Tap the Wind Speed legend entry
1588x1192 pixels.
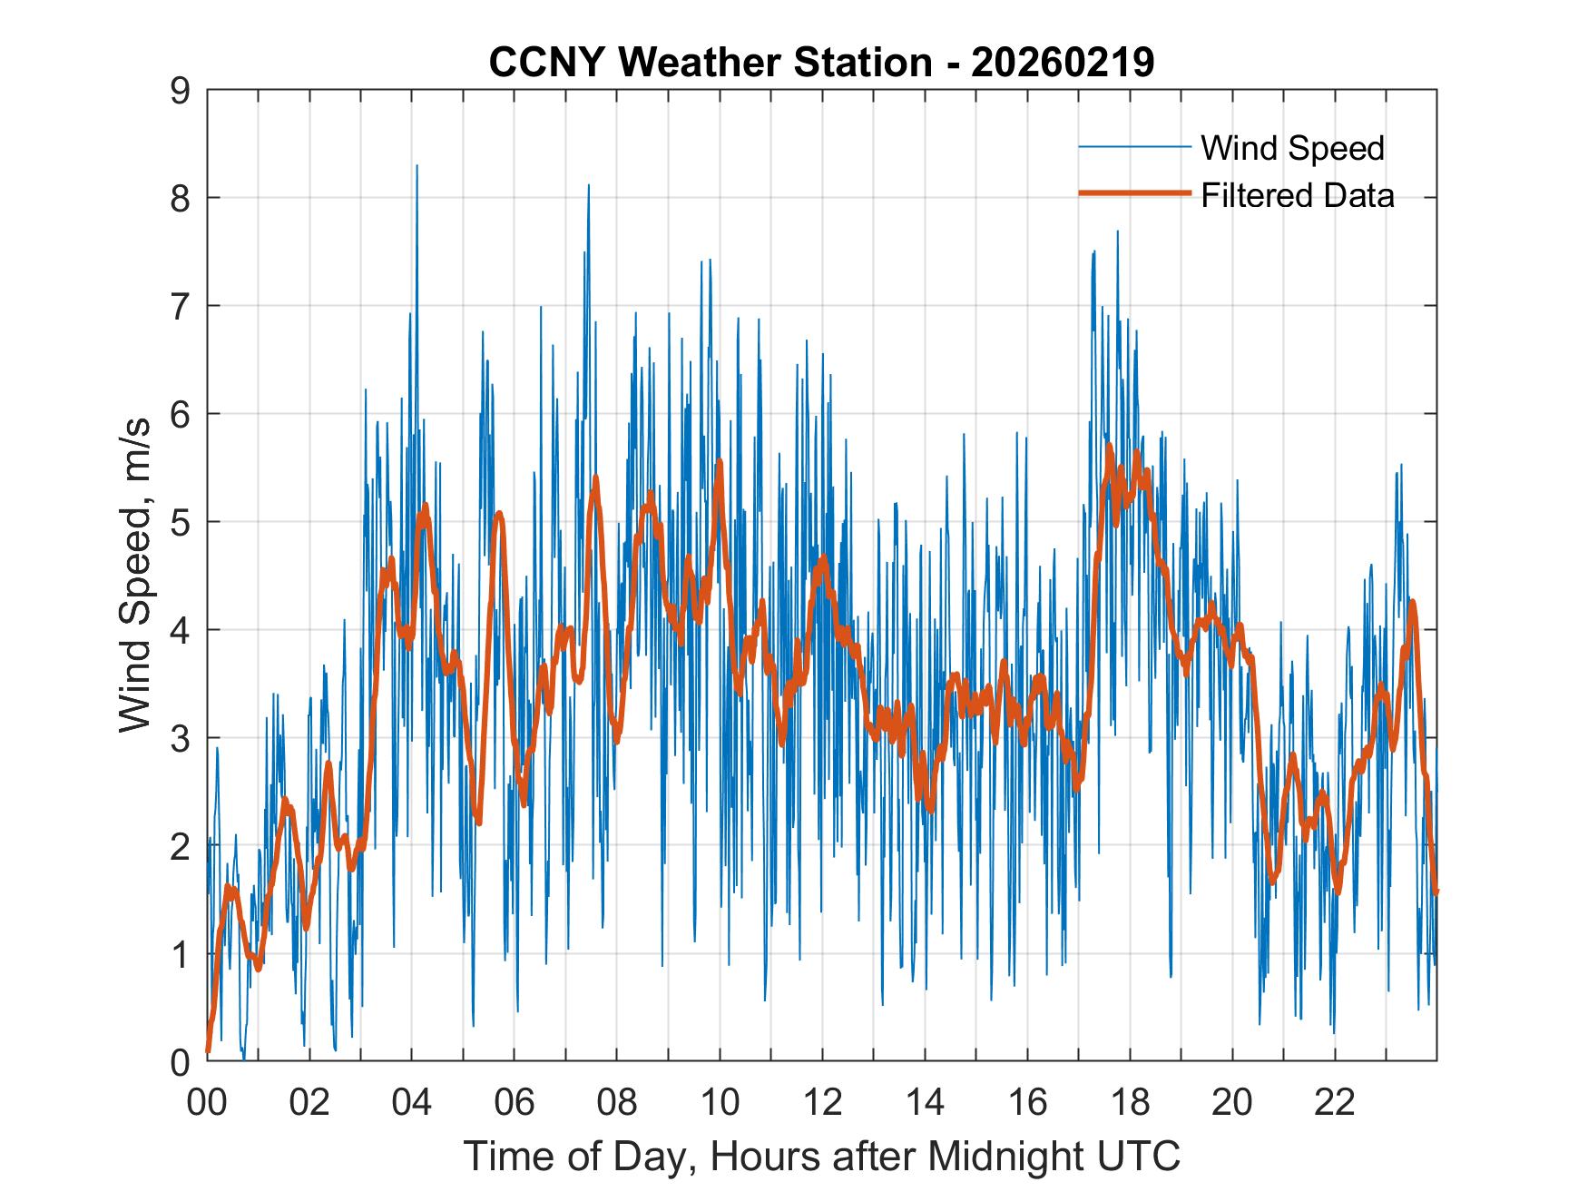(x=1292, y=148)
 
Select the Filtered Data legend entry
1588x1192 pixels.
(x=1298, y=195)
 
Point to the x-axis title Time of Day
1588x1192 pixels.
(x=822, y=1156)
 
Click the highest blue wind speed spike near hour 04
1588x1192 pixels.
(x=417, y=166)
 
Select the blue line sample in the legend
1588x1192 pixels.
(x=1133, y=147)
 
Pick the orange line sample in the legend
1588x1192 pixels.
(x=1133, y=193)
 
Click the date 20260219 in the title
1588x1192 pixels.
(x=1063, y=63)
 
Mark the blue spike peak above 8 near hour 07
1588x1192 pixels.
(x=588, y=186)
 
